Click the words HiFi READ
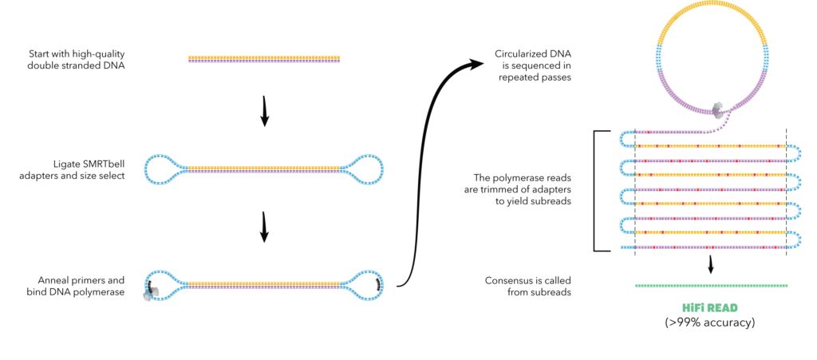click(x=710, y=308)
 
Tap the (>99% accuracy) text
click(x=710, y=323)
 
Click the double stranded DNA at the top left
click(x=264, y=58)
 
